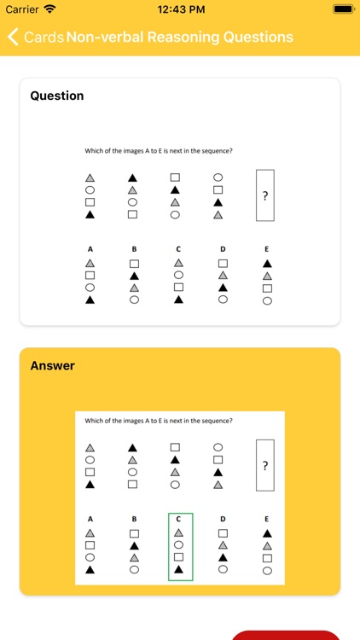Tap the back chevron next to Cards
13,38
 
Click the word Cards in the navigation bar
44,38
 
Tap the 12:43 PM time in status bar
181,9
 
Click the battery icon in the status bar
344,9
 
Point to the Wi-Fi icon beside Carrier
49,9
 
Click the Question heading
57,96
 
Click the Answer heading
53,365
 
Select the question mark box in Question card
265,195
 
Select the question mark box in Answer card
265,465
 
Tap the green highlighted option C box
179,546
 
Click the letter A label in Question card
90,249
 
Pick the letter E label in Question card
267,249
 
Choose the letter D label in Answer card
223,519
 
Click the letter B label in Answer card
134,519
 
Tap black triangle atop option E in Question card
267,264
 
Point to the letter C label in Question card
178,249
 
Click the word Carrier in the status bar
22,9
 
